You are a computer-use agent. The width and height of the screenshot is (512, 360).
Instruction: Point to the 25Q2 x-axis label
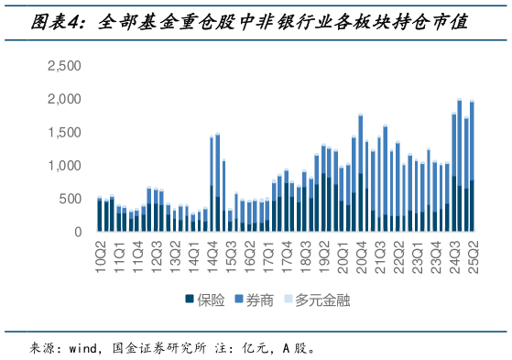472,249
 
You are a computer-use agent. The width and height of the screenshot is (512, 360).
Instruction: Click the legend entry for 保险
204,299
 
